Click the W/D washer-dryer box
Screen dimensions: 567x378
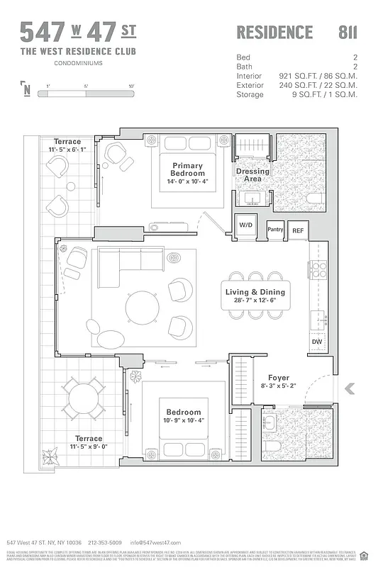coord(246,225)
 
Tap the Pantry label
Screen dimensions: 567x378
coord(275,229)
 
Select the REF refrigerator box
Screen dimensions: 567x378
coord(297,230)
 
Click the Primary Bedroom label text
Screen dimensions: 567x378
coord(188,169)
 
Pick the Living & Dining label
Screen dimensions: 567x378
coord(255,292)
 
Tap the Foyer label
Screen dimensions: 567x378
coord(277,378)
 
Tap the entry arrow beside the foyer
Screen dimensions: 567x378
coord(349,388)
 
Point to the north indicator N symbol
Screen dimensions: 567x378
coord(27,89)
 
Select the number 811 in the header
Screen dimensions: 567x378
coord(348,32)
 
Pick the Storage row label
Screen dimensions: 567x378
coord(249,94)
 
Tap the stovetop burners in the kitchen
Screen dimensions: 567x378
coord(317,269)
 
